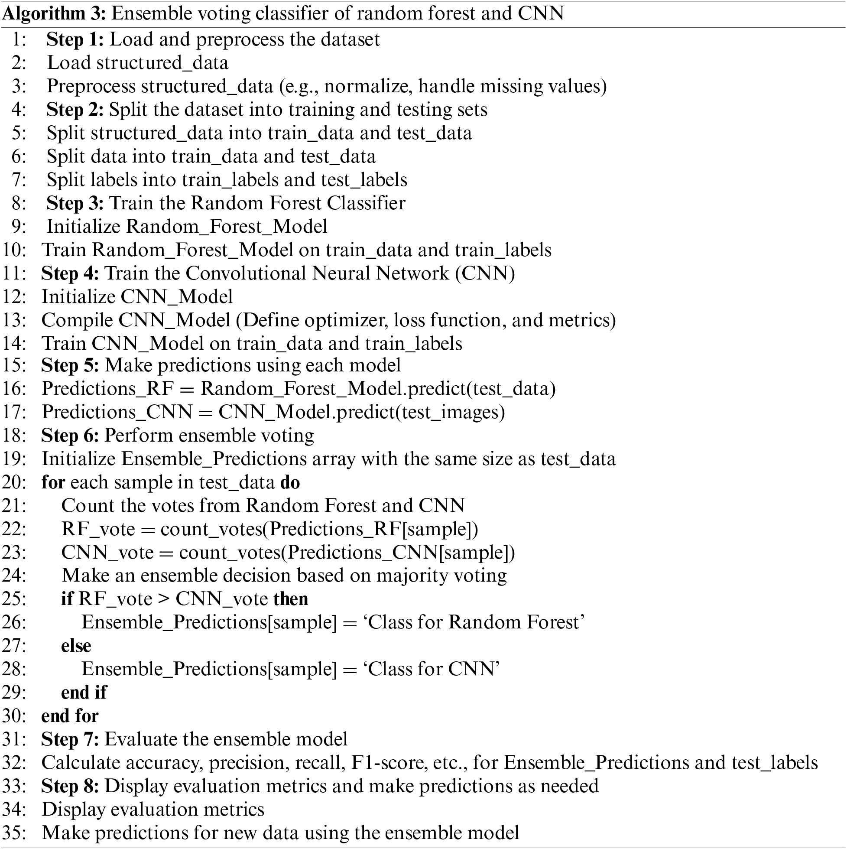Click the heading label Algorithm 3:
[x=54, y=13]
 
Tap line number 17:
[x=14, y=412]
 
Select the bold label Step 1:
[x=75, y=39]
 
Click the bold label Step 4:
[x=70, y=273]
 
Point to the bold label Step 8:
[x=70, y=786]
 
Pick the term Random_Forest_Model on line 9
[x=226, y=227]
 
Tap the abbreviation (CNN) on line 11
[x=485, y=273]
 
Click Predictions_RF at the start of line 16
[x=107, y=389]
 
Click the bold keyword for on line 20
[x=53, y=482]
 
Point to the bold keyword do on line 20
[x=290, y=482]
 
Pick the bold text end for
[x=70, y=716]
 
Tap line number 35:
[x=14, y=833]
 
